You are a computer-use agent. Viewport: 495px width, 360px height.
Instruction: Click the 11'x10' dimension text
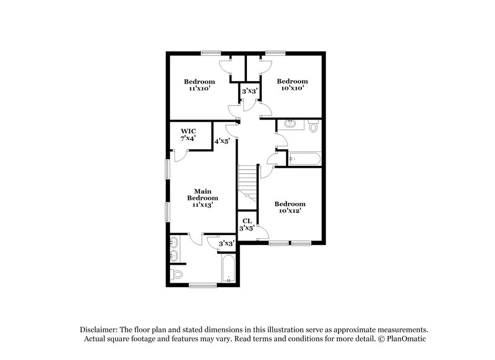tap(199, 89)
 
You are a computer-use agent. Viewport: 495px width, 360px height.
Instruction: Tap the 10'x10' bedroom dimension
tap(291, 88)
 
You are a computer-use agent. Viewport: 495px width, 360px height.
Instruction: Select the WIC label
tap(189, 131)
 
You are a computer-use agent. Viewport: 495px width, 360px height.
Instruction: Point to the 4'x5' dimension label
tap(222, 141)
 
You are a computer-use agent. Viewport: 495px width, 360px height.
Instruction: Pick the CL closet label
tap(247, 220)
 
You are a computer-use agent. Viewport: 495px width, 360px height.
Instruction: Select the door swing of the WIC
tap(179, 155)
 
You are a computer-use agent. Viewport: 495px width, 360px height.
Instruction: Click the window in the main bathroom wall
tap(202, 285)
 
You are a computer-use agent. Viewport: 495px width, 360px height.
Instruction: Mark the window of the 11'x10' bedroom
tap(211, 53)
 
